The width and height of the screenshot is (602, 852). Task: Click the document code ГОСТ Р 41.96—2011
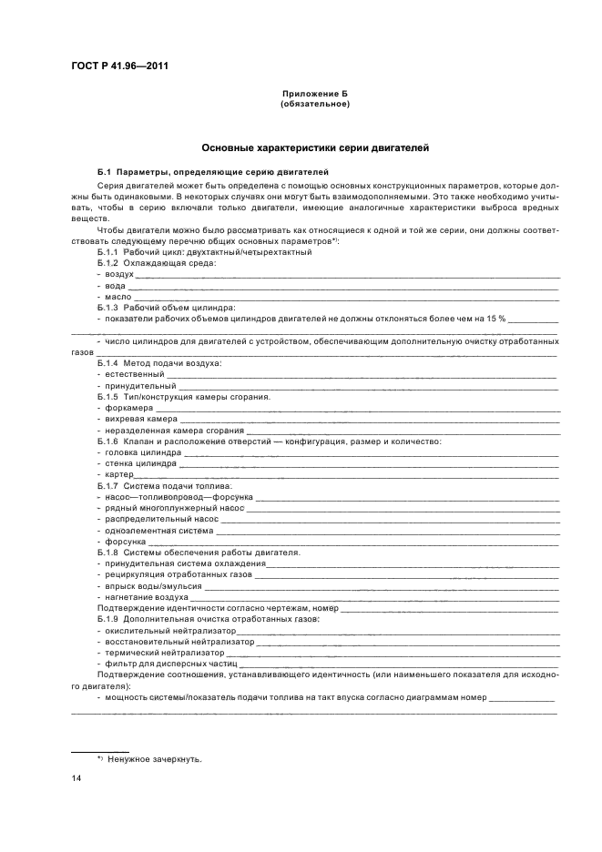tap(119, 66)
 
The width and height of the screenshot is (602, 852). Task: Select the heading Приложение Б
tap(315, 95)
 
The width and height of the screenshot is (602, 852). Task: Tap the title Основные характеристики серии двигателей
tap(315, 147)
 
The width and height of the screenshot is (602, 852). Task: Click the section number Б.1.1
tap(107, 252)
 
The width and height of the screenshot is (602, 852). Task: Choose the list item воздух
tap(118, 273)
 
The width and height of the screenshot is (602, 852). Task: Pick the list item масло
tap(118, 297)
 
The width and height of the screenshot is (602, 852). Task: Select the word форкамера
tap(128, 408)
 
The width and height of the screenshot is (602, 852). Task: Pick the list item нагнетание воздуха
tap(146, 597)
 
